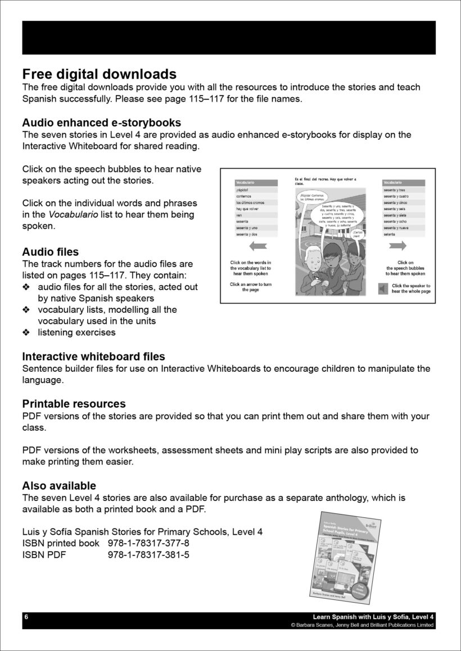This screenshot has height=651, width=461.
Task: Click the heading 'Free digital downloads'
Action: (99, 74)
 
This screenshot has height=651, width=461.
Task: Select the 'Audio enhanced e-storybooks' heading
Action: (101, 122)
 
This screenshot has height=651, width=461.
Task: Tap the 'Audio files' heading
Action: (51, 252)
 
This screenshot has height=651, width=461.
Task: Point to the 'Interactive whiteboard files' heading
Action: (93, 356)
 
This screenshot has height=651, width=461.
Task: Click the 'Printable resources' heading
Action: (74, 403)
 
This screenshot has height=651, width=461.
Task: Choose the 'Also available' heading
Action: (59, 485)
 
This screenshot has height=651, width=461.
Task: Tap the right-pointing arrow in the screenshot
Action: (397, 245)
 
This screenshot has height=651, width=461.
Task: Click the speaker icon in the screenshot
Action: (383, 289)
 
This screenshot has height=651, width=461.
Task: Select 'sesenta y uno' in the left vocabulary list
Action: (248, 228)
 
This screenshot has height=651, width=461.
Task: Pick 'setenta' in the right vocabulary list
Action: (390, 234)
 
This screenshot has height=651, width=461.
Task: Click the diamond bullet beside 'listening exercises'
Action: (26, 333)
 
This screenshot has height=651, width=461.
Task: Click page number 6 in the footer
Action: (26, 617)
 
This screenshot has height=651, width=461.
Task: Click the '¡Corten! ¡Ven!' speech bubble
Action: (356, 234)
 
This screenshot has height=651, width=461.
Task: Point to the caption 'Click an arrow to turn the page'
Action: (251, 287)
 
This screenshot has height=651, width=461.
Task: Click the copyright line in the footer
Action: (362, 625)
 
